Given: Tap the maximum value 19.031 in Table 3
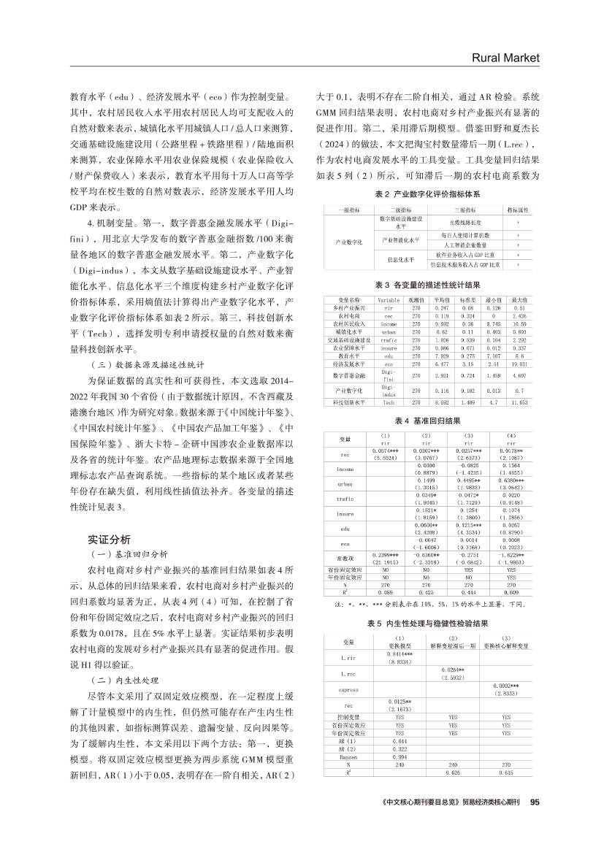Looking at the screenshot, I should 519,363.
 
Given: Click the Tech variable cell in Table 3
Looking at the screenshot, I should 388,402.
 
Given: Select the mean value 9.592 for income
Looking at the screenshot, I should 441,323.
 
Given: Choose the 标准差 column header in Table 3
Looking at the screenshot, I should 467,299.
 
